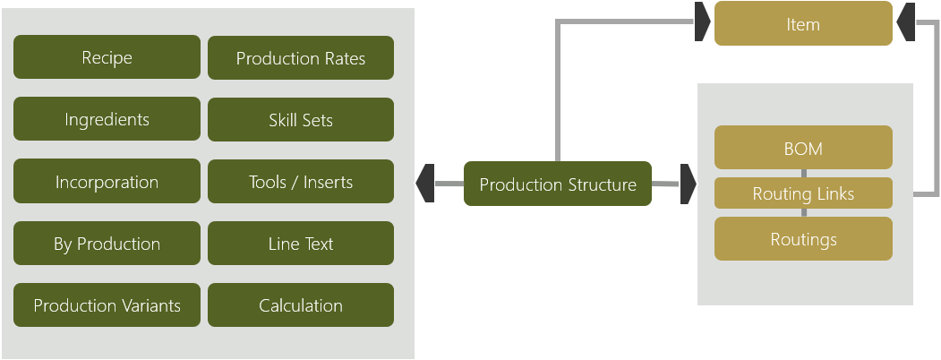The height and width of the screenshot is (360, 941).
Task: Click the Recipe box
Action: [x=107, y=57]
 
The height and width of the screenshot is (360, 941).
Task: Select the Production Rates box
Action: [x=301, y=58]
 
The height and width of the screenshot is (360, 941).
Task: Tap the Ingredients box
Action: [x=107, y=119]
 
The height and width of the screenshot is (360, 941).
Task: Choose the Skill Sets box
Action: [x=301, y=120]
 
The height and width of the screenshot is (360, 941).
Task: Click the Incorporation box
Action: [x=107, y=182]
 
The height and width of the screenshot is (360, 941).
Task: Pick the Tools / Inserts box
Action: [x=301, y=182]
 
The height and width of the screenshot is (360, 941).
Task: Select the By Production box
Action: [x=107, y=244]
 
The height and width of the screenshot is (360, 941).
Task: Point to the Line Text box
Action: [x=301, y=244]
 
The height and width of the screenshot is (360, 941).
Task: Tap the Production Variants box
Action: [x=107, y=305]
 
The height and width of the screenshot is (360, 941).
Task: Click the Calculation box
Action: [x=301, y=305]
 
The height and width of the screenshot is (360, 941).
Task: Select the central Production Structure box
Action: [x=557, y=184]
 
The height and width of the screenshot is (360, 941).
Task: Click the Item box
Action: [x=803, y=23]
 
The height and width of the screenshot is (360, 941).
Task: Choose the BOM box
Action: [x=803, y=148]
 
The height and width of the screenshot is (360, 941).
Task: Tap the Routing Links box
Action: [x=803, y=193]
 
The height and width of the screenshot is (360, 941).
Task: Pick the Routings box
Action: [x=803, y=239]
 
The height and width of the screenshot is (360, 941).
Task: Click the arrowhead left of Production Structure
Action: [x=425, y=184]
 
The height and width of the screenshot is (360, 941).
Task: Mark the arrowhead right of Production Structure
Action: [x=688, y=184]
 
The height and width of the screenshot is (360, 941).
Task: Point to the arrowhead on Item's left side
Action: [x=703, y=22]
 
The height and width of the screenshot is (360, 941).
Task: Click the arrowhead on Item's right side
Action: [x=904, y=22]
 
